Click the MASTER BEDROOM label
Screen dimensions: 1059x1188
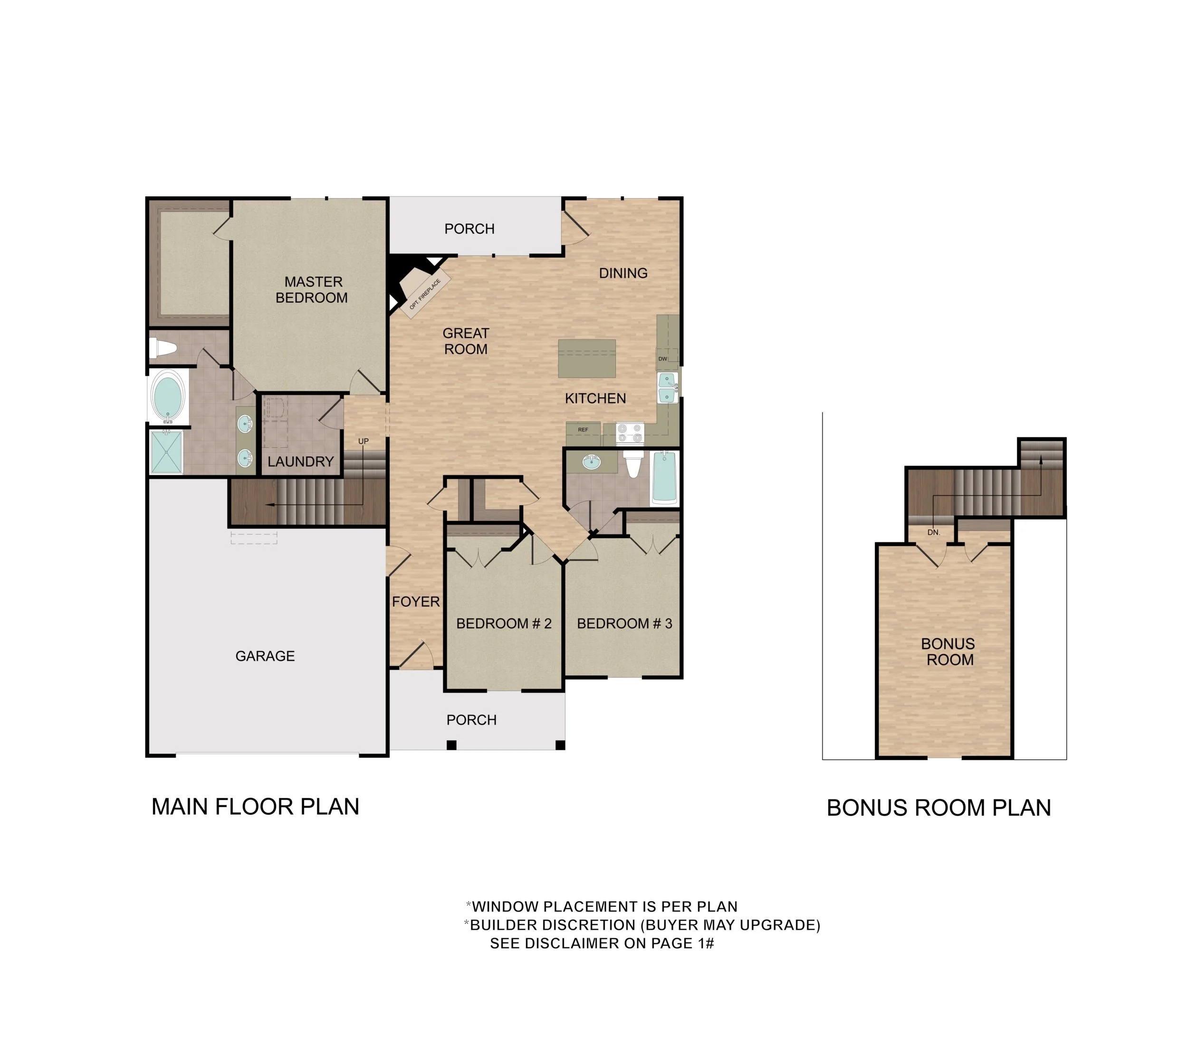(x=312, y=290)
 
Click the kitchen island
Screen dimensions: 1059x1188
(x=586, y=358)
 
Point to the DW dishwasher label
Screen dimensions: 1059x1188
(x=662, y=359)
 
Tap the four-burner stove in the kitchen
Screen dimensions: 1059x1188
(x=630, y=433)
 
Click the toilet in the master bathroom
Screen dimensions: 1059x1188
(x=163, y=348)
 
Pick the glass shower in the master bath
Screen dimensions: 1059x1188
(x=166, y=452)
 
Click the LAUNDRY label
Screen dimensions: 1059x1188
(x=300, y=462)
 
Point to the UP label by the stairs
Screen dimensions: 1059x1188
(x=363, y=441)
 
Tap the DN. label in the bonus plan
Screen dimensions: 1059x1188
(x=933, y=532)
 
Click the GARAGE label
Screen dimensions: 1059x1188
(x=265, y=656)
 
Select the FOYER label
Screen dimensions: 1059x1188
(x=415, y=602)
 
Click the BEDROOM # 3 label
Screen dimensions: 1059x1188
(x=624, y=623)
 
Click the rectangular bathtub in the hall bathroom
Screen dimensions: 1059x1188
(x=664, y=478)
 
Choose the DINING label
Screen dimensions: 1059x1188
(x=623, y=273)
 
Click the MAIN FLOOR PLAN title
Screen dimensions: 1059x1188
(x=255, y=807)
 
